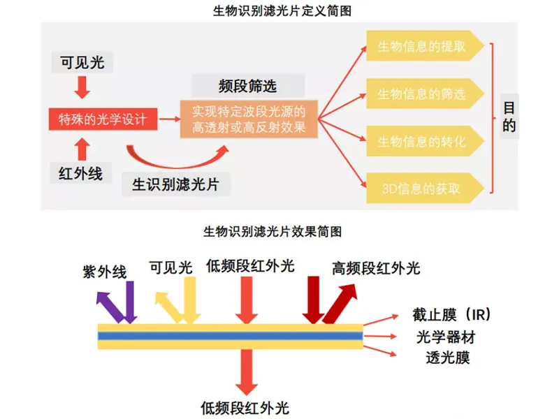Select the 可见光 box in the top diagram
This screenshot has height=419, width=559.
point(82,62)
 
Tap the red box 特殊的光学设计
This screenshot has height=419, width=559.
point(102,119)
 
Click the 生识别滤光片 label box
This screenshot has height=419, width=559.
point(175,184)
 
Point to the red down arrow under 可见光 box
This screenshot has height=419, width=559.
point(82,87)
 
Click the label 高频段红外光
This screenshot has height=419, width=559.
point(375,268)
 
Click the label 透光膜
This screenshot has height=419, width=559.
point(448,358)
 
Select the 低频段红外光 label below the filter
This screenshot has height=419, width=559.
point(245,408)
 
